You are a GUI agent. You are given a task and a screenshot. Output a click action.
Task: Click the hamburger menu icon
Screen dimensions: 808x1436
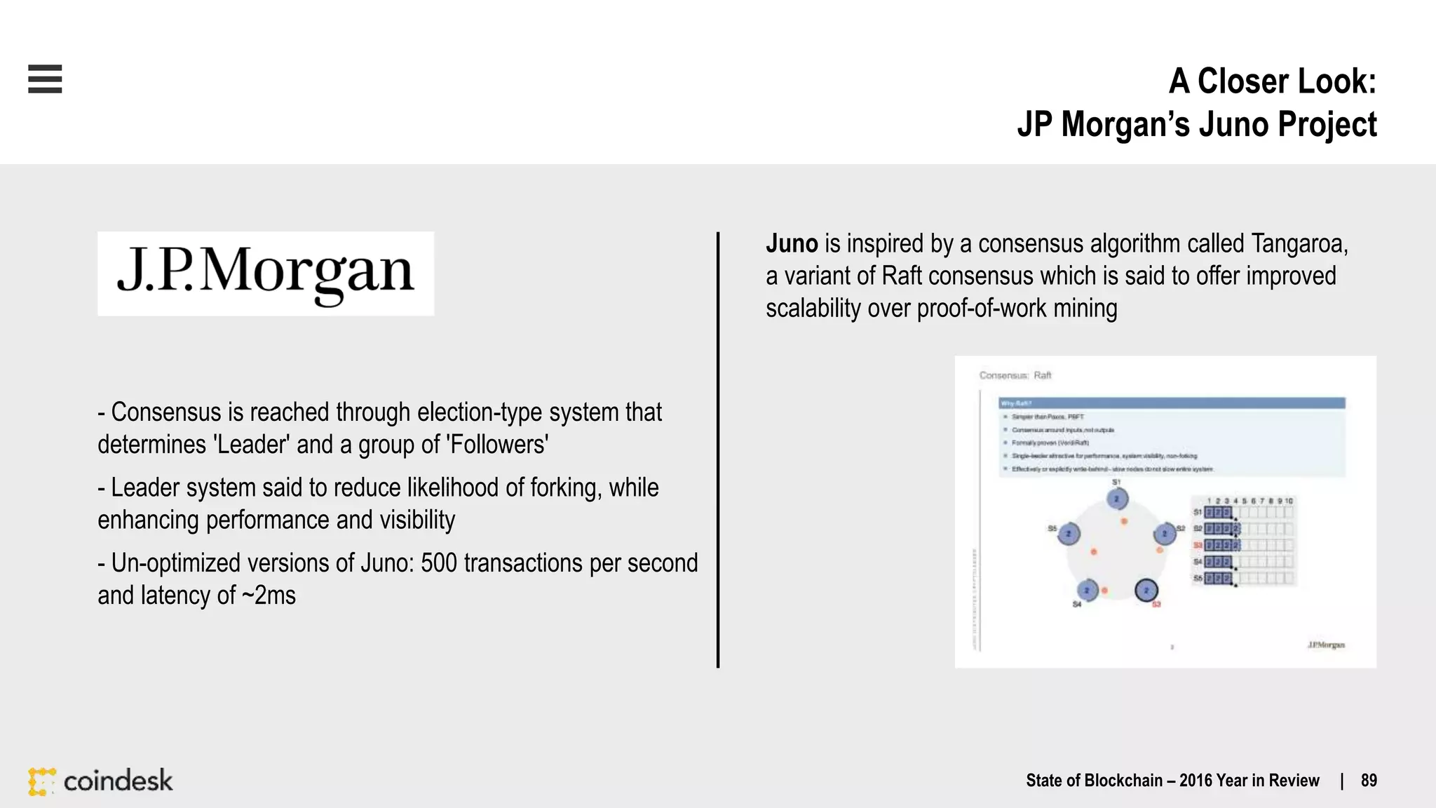(x=45, y=79)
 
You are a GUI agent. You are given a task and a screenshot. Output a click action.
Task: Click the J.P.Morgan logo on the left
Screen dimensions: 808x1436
(x=266, y=274)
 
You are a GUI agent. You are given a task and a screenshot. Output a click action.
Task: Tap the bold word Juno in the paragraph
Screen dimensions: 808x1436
(x=792, y=243)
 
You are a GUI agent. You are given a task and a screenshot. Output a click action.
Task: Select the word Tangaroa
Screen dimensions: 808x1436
(x=1297, y=243)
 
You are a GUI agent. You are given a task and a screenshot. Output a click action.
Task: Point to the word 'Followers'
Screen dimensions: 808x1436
(x=497, y=445)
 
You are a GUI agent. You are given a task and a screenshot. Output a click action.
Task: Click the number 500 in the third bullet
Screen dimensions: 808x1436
(x=439, y=563)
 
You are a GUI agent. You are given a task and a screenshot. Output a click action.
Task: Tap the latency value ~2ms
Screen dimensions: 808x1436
(x=269, y=595)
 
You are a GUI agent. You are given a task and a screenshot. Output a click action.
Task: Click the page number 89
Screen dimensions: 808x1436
(x=1369, y=781)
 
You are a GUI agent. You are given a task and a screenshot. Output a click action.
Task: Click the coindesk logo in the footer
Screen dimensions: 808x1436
(x=100, y=781)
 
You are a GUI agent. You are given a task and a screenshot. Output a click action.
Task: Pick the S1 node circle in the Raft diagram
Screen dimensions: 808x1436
(x=1117, y=499)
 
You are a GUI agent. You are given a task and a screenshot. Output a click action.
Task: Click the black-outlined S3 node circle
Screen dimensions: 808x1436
(x=1146, y=590)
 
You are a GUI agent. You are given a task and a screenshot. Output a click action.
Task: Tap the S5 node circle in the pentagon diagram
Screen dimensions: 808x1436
(x=1069, y=534)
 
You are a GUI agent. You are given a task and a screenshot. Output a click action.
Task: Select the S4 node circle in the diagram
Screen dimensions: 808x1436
(x=1087, y=591)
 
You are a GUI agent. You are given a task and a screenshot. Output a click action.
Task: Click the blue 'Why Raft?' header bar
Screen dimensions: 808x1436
(x=1171, y=403)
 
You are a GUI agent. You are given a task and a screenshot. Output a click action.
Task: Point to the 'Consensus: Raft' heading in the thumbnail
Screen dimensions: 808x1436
(x=1015, y=376)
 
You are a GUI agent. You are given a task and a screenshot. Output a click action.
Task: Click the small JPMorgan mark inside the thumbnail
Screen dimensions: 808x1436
(x=1326, y=645)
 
